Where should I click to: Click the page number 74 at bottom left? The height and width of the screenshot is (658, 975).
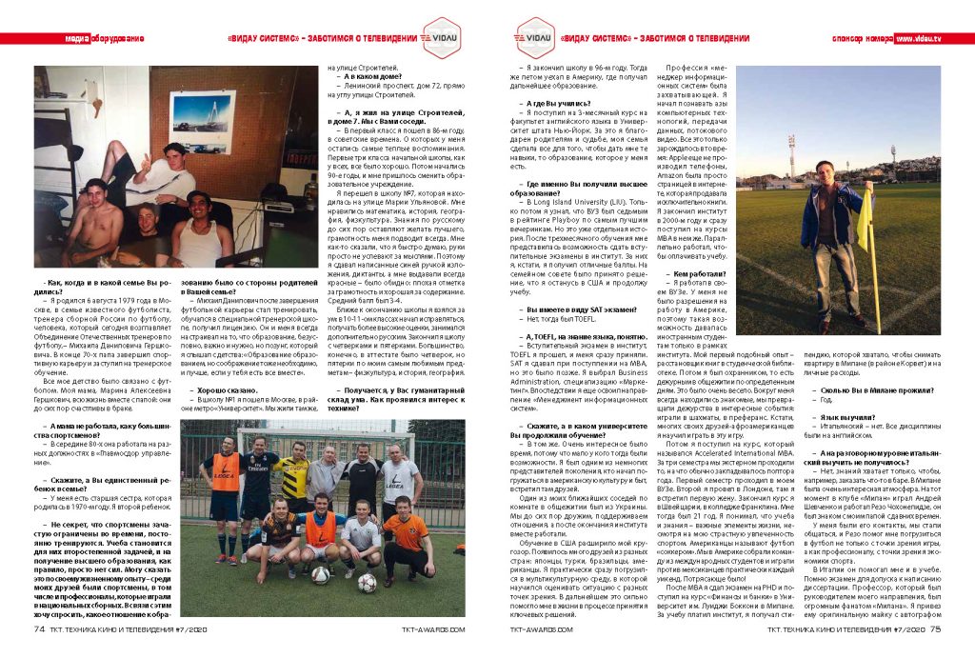39,628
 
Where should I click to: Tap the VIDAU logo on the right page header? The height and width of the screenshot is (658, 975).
527,38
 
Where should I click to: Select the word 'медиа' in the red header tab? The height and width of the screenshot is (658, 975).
76,38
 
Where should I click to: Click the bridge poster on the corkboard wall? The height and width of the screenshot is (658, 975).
202,122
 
